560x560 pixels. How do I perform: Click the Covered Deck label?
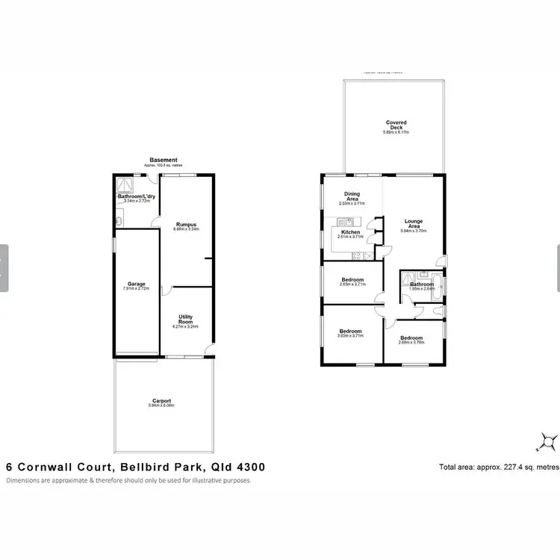coord(396,125)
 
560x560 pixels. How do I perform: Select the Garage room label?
coord(136,285)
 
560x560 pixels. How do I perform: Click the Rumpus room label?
coord(186,226)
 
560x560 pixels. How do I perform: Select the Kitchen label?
coord(351,233)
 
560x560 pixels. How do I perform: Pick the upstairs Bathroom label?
coord(421,284)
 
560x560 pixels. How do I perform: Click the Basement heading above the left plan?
coord(164,160)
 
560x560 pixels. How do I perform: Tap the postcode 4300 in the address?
coord(249,467)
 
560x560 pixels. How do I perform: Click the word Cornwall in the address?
coord(46,467)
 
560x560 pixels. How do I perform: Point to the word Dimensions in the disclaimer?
coord(25,480)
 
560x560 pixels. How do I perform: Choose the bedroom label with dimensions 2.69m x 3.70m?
coord(412,339)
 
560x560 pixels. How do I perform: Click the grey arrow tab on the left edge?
coord(4,267)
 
